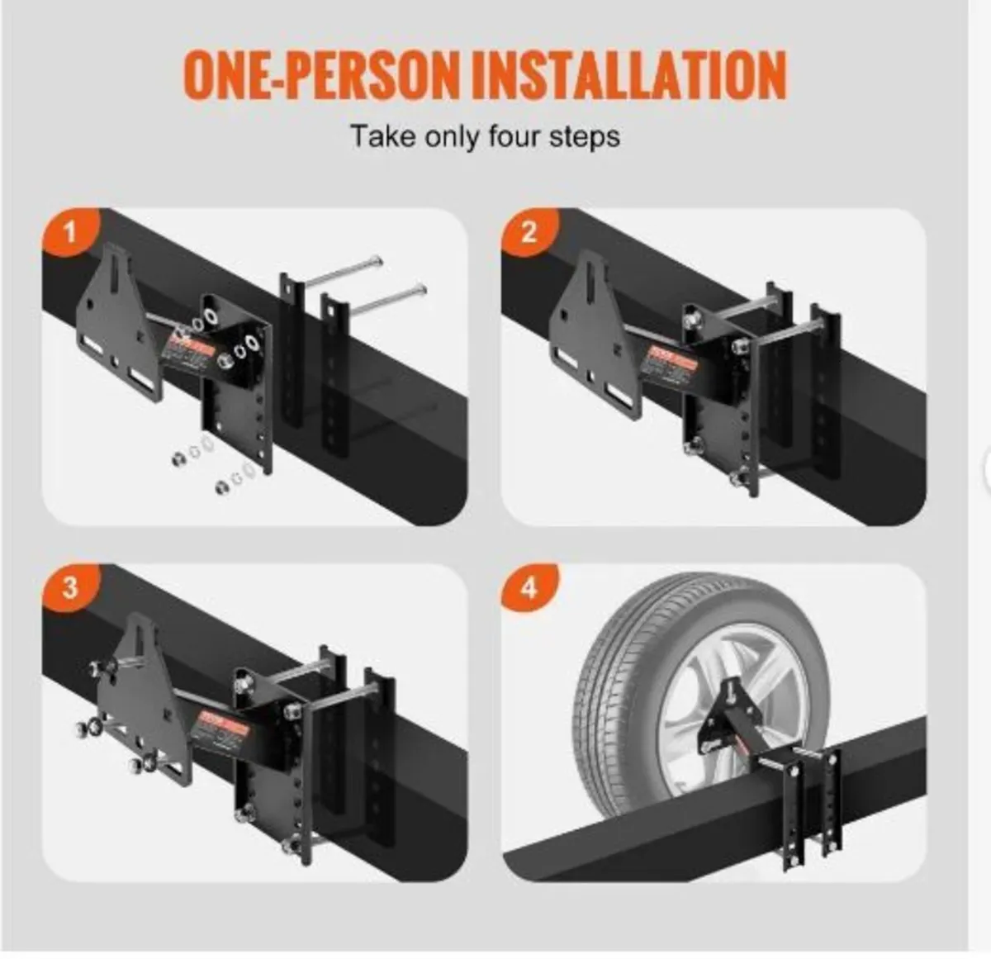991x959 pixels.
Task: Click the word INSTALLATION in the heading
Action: click(629, 76)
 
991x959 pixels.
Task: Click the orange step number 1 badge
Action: click(70, 232)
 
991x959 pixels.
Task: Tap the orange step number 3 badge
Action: click(70, 588)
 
